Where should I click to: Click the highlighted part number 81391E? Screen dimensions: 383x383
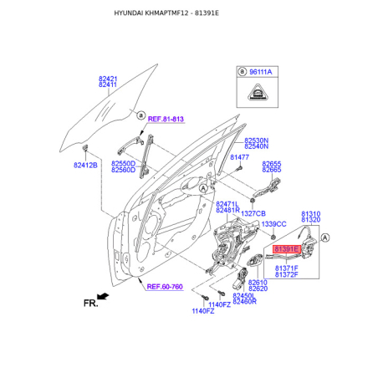coord(287,248)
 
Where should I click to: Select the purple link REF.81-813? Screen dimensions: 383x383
coord(166,119)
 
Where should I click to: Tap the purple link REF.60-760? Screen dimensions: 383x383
coord(165,287)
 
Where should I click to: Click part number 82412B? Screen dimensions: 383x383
coord(85,165)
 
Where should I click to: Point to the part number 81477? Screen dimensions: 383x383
coord(239,157)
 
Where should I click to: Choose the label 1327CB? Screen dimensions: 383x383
coord(253,213)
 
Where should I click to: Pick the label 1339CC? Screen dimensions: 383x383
coord(273,224)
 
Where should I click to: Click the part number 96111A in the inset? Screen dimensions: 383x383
coord(260,72)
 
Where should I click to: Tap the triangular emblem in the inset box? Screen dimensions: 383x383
coord(258,92)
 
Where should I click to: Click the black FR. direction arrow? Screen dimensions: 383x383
coord(103,296)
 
